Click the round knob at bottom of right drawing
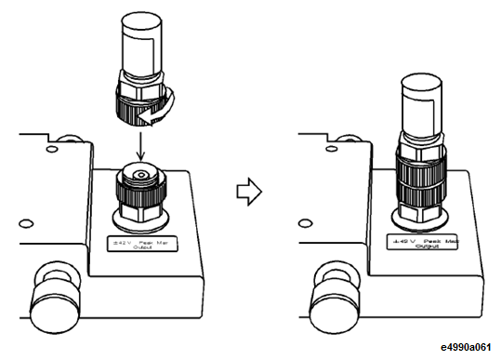(329, 291)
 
